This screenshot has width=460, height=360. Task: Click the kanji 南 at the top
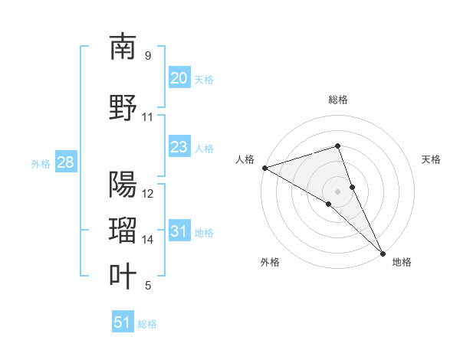[x=123, y=47]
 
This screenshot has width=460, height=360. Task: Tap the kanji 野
[x=123, y=108]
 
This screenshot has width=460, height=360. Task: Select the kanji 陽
[x=123, y=185]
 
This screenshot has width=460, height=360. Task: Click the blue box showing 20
[x=179, y=78]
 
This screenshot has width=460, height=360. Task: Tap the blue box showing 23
[x=179, y=147]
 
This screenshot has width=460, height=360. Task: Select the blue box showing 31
[x=179, y=231]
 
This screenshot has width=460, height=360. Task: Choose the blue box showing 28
[x=65, y=162]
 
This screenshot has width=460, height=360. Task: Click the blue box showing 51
[x=123, y=322]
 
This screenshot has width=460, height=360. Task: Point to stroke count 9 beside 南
[x=148, y=56]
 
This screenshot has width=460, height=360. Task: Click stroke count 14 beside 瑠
[x=148, y=240]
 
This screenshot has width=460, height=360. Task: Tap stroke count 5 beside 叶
[x=148, y=286]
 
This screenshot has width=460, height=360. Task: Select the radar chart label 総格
[x=338, y=100]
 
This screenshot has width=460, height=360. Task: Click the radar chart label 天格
[x=431, y=159]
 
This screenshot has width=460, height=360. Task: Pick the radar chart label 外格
[x=270, y=263]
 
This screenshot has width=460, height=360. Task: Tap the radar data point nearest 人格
[x=264, y=167]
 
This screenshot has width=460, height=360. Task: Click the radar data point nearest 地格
[x=383, y=252]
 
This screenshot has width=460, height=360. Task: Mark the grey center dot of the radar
[x=338, y=191]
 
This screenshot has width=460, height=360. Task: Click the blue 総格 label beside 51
[x=147, y=324]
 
